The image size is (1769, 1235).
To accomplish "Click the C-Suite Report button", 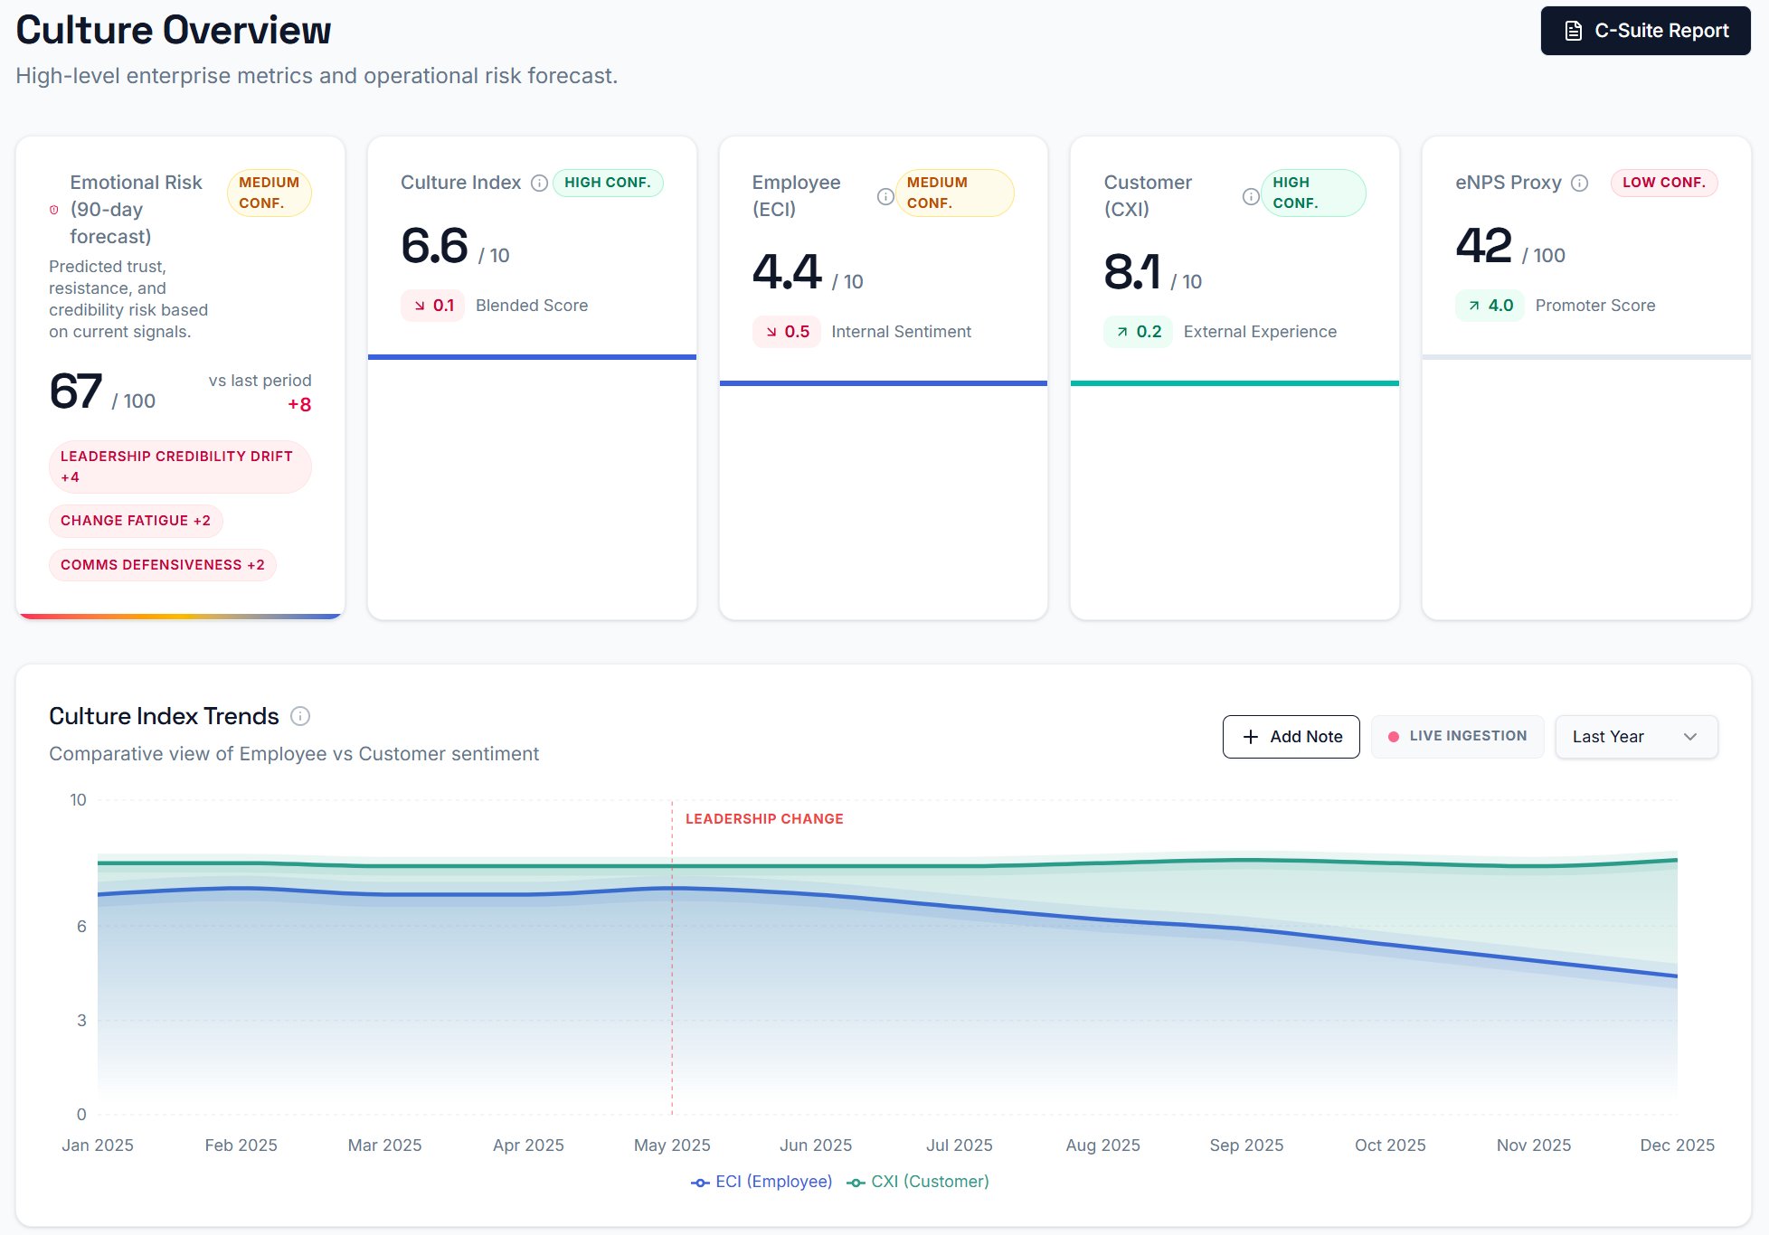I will point(1645,31).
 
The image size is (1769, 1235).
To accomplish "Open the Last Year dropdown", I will point(1635,737).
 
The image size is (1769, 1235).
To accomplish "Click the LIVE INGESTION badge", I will point(1457,736).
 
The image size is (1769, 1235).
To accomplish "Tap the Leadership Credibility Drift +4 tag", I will point(179,467).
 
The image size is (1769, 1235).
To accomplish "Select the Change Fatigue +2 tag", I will point(136,521).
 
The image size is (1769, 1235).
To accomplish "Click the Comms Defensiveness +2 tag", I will point(163,565).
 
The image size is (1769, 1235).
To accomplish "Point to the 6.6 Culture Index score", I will point(435,246).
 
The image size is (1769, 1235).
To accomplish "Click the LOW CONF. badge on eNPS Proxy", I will point(1663,183).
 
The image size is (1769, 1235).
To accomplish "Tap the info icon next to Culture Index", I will point(539,184).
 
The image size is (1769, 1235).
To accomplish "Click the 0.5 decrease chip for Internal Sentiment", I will point(786,332).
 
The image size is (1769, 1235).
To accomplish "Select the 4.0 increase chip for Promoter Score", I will point(1490,306).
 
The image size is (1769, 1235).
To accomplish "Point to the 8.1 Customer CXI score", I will point(1131,272).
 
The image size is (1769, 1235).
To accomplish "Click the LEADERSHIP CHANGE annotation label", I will point(764,819).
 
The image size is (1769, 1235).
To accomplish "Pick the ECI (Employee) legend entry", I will point(762,1182).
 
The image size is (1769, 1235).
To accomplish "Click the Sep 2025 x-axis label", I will point(1246,1145).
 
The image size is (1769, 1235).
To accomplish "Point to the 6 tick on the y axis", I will point(81,926).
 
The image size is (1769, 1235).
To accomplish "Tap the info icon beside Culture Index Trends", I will point(300,717).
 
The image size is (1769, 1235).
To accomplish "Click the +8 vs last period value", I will point(299,405).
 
